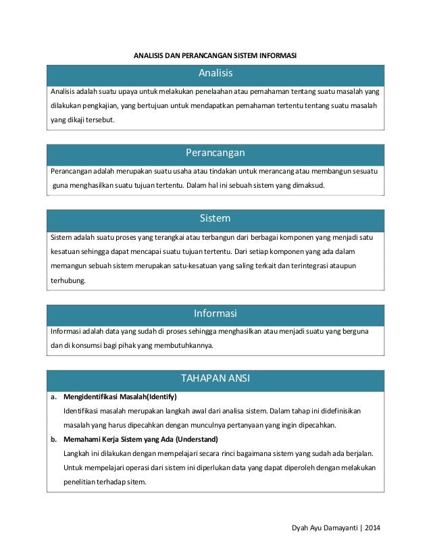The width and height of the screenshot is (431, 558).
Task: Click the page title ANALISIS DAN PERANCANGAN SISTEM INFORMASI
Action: click(215, 55)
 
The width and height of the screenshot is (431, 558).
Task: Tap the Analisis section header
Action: click(215, 72)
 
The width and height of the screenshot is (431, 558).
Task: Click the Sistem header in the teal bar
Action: click(215, 219)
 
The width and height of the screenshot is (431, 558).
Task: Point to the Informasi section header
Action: click(215, 313)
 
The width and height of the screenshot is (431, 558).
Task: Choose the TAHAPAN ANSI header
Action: click(215, 378)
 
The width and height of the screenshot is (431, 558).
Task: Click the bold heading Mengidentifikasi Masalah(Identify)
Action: click(120, 397)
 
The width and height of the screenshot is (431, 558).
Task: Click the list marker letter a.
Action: click(53, 397)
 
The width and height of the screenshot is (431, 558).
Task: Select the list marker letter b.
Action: click(53, 439)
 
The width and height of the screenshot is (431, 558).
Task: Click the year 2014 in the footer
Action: click(371, 526)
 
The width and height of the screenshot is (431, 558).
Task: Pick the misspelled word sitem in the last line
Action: click(135, 482)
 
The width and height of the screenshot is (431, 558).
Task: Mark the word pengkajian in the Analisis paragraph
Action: click(104, 106)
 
